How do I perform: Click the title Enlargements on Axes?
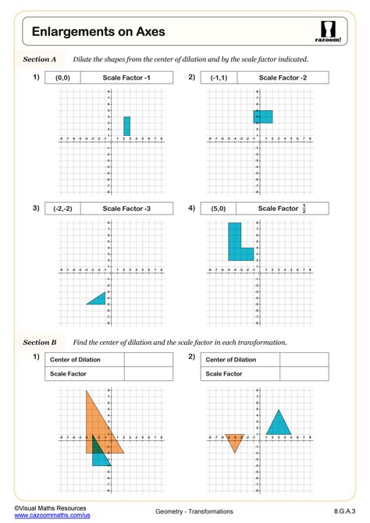point(98,31)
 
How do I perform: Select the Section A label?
point(40,59)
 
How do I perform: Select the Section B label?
point(40,342)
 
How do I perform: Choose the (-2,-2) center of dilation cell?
point(62,208)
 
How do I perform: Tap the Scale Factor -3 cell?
point(127,208)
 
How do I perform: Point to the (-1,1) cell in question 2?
point(218,77)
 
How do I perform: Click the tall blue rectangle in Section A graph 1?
point(126,126)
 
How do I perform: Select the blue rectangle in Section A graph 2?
point(263,116)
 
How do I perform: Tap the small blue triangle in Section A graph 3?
point(98,299)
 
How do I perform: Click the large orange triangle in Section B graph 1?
point(100,425)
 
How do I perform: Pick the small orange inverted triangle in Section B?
point(233,441)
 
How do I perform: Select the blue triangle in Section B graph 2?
point(279,424)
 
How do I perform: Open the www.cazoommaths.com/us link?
point(47,517)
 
